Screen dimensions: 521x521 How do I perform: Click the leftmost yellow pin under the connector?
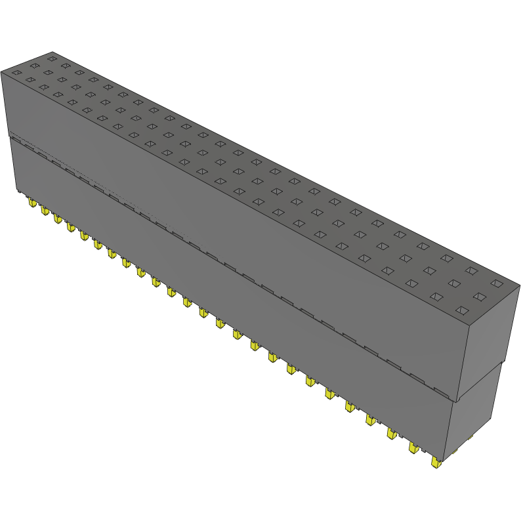[x=31, y=203]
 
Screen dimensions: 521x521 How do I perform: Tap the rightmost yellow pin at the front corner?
[x=436, y=462]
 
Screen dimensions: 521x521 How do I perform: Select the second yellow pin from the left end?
[x=45, y=210]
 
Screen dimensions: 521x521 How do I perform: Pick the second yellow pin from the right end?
[x=414, y=448]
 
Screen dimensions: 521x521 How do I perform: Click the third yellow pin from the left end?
[x=57, y=218]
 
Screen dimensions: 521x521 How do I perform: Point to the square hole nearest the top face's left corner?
[x=16, y=72]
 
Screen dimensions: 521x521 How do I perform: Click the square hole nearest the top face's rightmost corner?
[x=497, y=284]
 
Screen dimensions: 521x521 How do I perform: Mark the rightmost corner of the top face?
[x=519, y=285]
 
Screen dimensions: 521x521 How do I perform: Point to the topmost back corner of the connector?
[x=52, y=52]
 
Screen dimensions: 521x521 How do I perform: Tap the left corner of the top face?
[x=1, y=72]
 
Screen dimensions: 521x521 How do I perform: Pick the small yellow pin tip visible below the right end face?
[x=470, y=437]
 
